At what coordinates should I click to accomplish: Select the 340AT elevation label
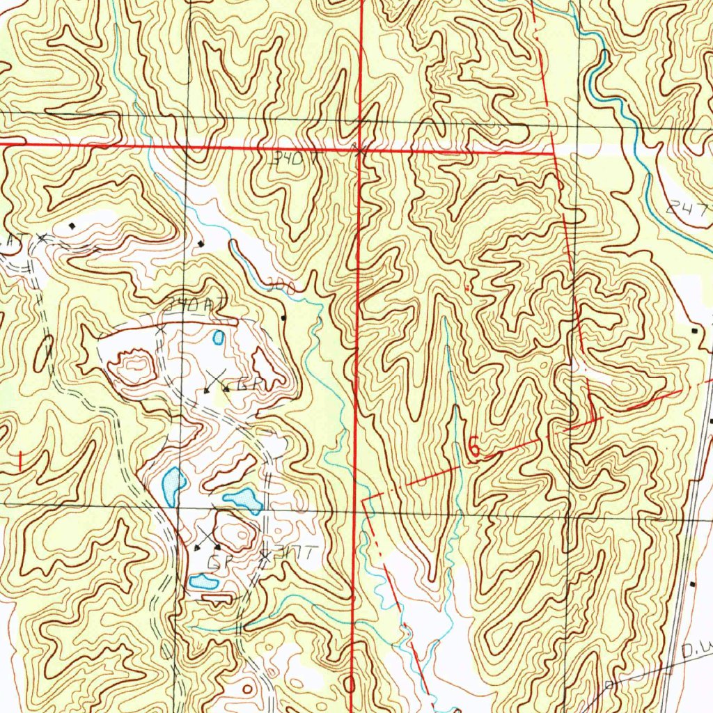(x=190, y=306)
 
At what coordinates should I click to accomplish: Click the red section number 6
(x=473, y=449)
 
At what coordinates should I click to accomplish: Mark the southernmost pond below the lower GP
(x=203, y=581)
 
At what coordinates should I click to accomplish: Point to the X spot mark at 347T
(x=265, y=555)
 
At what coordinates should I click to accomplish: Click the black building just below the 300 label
(x=283, y=318)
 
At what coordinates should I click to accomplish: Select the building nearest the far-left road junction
(x=73, y=226)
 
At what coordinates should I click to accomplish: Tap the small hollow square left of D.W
(x=609, y=684)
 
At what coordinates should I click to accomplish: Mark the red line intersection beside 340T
(x=358, y=148)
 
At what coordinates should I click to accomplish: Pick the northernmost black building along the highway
(x=694, y=330)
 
